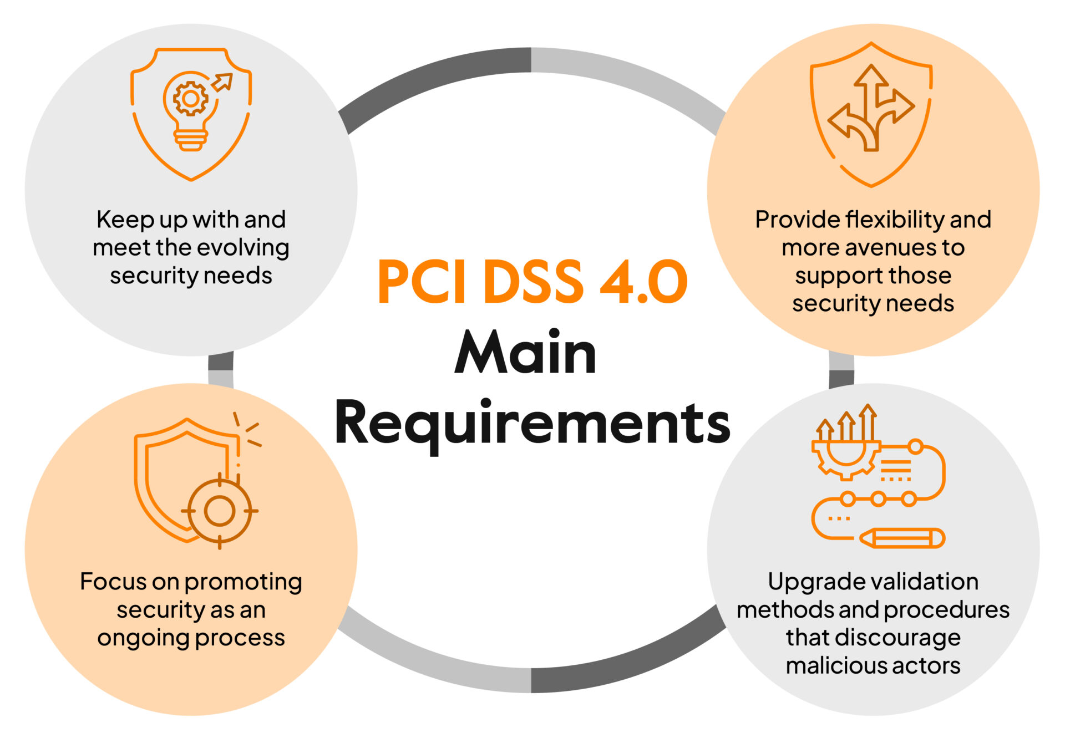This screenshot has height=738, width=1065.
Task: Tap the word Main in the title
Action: click(525, 353)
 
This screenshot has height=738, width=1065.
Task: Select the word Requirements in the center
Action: click(532, 424)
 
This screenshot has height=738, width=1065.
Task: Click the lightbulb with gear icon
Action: click(190, 111)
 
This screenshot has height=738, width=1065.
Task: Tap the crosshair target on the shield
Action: click(220, 511)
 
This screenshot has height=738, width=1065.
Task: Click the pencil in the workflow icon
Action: click(902, 538)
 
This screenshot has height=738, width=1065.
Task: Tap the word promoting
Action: click(243, 582)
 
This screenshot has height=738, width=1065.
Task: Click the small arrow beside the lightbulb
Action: click(222, 82)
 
